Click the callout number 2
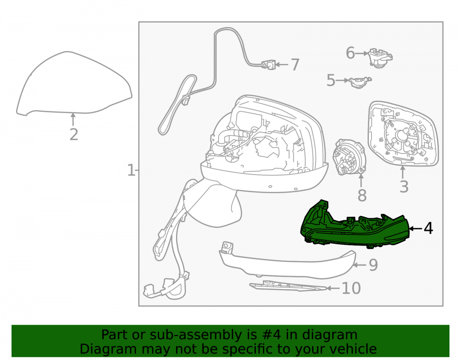74,135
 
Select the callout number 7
295,65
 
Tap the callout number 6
350,53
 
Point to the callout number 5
331,80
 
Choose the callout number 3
404,187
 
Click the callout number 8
362,195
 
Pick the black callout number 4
428,228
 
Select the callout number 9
373,265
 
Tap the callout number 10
351,288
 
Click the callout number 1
130,170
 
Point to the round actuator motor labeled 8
349,158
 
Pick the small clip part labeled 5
360,82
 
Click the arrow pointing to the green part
415,228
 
